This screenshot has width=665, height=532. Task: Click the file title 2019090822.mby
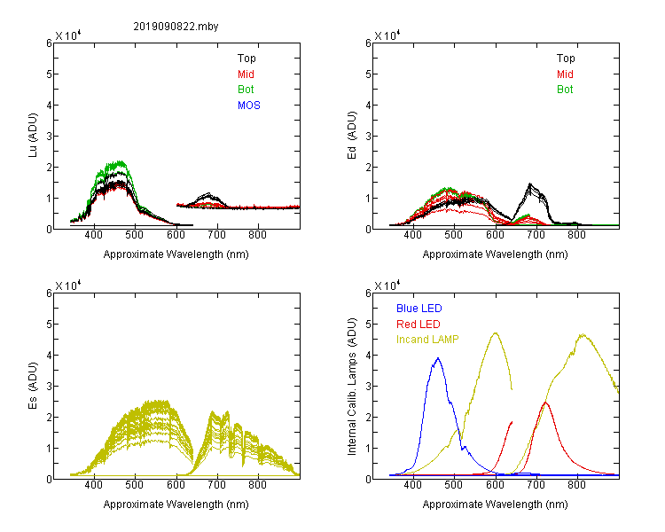(x=176, y=27)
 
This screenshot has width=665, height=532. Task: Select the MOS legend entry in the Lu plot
(x=249, y=106)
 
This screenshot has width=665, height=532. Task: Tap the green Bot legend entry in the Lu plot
(x=246, y=90)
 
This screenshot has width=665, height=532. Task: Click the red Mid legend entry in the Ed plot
(x=565, y=74)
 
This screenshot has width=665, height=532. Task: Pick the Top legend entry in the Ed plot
(x=566, y=59)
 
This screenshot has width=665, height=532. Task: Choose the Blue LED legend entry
(x=419, y=309)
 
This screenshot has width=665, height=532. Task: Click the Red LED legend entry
(x=419, y=325)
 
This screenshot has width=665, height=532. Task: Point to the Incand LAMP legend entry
(x=427, y=340)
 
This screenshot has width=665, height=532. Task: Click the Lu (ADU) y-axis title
(x=33, y=135)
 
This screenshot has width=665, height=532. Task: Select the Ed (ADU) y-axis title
(x=352, y=136)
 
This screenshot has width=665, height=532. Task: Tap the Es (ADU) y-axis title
(x=33, y=386)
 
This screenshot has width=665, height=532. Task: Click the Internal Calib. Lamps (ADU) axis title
(x=352, y=387)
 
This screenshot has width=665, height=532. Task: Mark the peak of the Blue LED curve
(x=438, y=358)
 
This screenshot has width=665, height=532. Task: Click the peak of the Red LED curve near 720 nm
(x=545, y=403)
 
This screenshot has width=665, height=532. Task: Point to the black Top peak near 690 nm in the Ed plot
(x=529, y=184)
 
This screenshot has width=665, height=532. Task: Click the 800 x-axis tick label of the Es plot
(x=257, y=484)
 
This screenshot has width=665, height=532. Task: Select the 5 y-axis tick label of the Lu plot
(x=49, y=74)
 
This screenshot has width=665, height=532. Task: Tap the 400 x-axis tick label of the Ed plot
(x=412, y=235)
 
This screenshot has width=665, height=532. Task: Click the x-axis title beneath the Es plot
(x=176, y=505)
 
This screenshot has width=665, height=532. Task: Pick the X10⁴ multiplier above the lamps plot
(x=387, y=286)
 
